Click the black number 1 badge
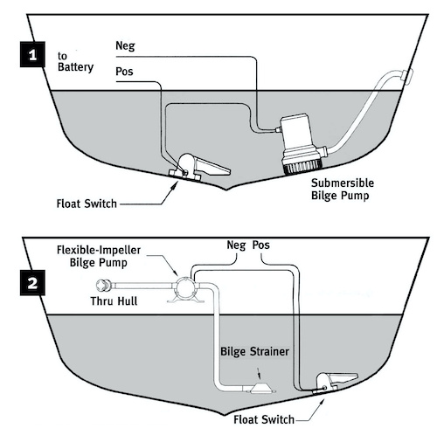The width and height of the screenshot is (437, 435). point(32,54)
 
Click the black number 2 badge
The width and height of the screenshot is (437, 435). point(32,283)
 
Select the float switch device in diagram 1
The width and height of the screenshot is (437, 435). point(199,168)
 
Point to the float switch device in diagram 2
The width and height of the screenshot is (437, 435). point(335,383)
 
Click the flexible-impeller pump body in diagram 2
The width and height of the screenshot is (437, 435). point(185,289)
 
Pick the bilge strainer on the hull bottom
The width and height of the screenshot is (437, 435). point(261,389)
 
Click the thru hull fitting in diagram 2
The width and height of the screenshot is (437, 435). point(104,286)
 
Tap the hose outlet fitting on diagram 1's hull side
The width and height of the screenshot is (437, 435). point(407,76)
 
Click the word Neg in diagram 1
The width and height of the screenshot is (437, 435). point(125,46)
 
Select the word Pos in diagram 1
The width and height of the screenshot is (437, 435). point(124,72)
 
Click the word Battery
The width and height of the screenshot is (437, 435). point(76,67)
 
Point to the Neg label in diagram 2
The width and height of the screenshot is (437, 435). point(236,245)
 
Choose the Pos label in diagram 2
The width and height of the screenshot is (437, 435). point(261,245)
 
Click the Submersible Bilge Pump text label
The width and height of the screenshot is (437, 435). point(343,190)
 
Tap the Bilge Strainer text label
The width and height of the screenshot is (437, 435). point(254,352)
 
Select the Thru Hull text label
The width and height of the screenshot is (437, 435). point(114,301)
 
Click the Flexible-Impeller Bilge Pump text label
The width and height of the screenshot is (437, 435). point(99,257)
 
